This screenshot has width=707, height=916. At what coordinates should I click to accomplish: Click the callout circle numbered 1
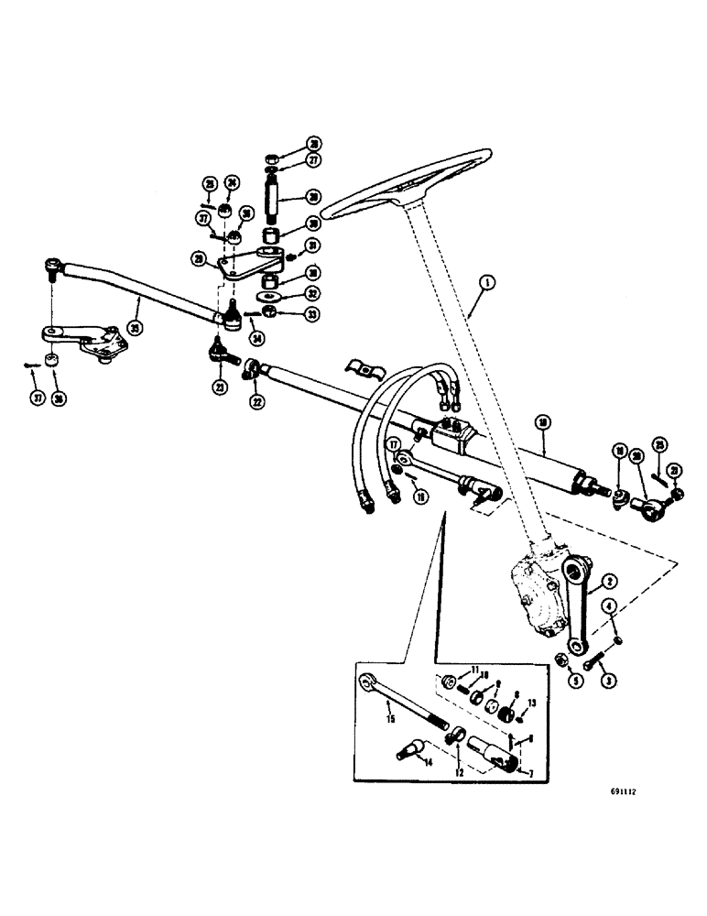point(484,283)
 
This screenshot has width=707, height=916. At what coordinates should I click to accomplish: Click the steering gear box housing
point(536,599)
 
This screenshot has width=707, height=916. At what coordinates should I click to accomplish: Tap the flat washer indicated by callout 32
point(269,298)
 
